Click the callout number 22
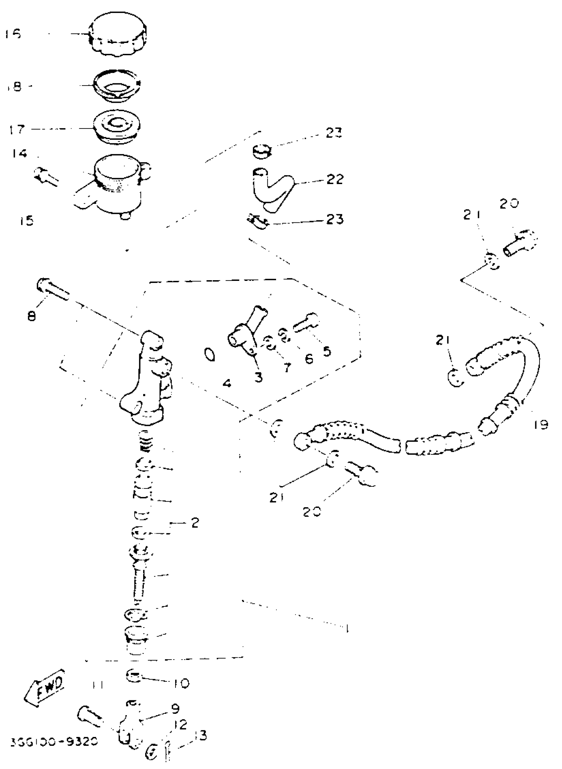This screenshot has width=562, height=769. pos(335,179)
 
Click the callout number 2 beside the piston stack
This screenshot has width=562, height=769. pos(195,523)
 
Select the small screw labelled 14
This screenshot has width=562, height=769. pos(46,176)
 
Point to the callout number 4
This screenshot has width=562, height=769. pos(227,384)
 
